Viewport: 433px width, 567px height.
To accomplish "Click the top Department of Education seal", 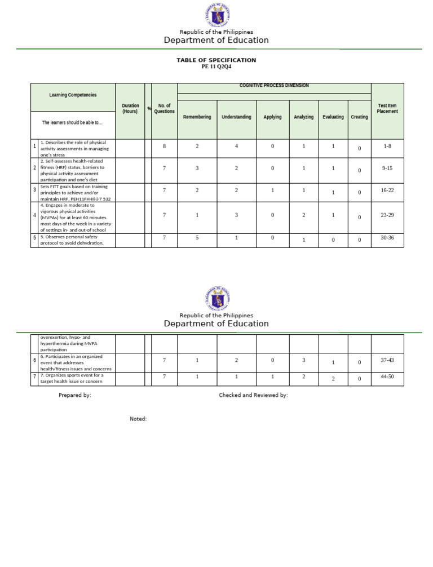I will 216,15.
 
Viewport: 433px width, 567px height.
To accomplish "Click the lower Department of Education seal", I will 216,299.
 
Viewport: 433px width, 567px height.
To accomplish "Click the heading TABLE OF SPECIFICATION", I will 216,60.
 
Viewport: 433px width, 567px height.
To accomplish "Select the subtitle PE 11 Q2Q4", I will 216,67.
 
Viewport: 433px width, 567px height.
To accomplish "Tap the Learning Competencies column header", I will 73,95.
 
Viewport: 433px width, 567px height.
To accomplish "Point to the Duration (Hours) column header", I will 130,109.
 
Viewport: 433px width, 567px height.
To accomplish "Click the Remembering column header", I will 197,117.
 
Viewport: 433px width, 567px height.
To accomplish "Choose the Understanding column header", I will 236,117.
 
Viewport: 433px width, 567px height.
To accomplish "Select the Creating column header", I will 359,117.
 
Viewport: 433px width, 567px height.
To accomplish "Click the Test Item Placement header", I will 387,108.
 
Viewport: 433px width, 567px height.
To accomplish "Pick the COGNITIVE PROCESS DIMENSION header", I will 274,86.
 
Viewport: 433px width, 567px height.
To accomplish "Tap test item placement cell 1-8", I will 387,146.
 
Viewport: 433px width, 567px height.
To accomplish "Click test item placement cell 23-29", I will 387,215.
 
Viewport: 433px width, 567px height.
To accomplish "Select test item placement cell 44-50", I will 387,376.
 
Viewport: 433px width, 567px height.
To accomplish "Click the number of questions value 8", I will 164,146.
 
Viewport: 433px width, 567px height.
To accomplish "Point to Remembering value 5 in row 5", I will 197,238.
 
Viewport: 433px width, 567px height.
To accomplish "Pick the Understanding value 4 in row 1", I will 236,146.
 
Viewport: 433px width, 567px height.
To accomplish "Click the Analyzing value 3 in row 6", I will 303,360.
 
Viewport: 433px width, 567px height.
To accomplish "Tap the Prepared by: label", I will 75,395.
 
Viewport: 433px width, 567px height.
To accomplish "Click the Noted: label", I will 138,419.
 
